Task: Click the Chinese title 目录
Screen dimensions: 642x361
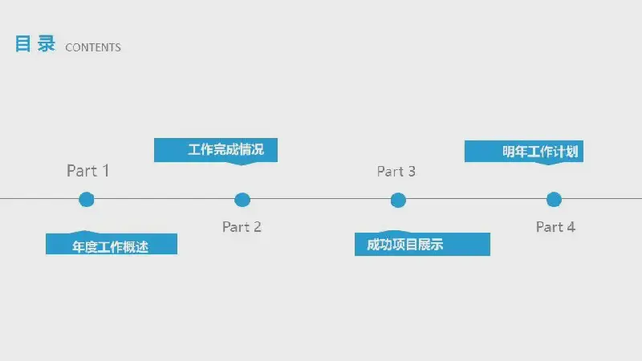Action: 35,43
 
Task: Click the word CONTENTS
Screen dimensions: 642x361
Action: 93,47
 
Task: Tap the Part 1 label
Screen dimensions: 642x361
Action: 87,171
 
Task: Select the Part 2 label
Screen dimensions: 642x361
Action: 242,227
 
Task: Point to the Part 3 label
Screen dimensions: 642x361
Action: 396,172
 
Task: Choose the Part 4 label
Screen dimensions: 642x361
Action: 555,227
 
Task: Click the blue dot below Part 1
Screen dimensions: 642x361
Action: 87,200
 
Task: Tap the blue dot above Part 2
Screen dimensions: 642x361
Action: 242,200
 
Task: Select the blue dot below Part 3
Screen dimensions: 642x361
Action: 398,200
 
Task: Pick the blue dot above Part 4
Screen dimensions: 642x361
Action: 554,200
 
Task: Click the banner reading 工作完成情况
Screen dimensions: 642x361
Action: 216,151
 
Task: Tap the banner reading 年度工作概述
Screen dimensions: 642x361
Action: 112,243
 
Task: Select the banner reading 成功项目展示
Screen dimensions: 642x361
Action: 422,244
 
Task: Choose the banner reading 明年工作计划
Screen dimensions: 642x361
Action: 524,152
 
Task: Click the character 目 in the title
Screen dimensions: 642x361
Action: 23,44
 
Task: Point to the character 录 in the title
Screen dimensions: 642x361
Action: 47,43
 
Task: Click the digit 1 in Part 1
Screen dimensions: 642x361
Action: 106,171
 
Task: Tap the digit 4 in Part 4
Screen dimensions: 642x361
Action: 571,227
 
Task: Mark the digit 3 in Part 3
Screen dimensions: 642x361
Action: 412,172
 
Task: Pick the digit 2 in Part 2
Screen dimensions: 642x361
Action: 257,227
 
